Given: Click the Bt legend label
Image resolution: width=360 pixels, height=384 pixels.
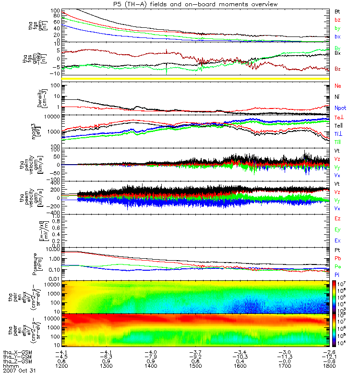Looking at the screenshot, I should pos(337,11).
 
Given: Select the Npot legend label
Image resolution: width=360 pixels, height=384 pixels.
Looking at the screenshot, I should pos(340,108).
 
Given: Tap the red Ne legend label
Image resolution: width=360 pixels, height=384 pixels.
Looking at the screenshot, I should pos(338,86).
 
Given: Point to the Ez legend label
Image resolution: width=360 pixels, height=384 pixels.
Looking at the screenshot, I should pos(338,218).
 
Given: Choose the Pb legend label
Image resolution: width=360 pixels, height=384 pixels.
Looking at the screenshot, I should pos(338,259).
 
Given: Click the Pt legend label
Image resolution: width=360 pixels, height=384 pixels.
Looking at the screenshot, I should pos(338,251).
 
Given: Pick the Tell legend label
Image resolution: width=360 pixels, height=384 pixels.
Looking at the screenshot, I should pos(338,125).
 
